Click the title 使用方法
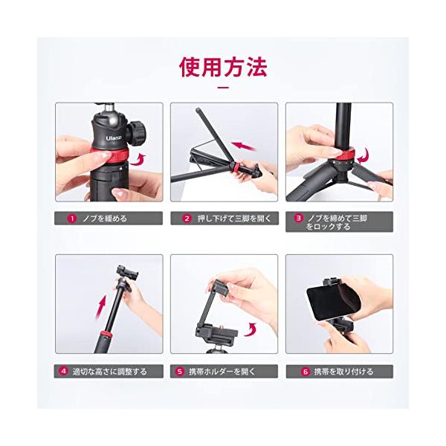(x=223, y=67)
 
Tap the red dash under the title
(x=223, y=87)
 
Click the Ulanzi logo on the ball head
(x=114, y=138)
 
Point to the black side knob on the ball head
(x=137, y=132)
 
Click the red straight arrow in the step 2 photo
(x=244, y=146)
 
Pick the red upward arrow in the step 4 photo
(x=102, y=308)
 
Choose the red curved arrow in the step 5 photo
(x=251, y=330)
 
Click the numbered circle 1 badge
(x=72, y=219)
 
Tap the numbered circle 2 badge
(x=187, y=219)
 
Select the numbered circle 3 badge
(x=298, y=219)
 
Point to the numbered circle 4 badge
(x=64, y=371)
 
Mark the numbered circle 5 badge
(x=180, y=372)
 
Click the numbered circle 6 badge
(x=306, y=372)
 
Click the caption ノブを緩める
(x=104, y=219)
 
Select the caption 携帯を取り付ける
(x=343, y=372)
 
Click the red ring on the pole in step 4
(x=106, y=334)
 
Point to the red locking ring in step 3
(x=344, y=153)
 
